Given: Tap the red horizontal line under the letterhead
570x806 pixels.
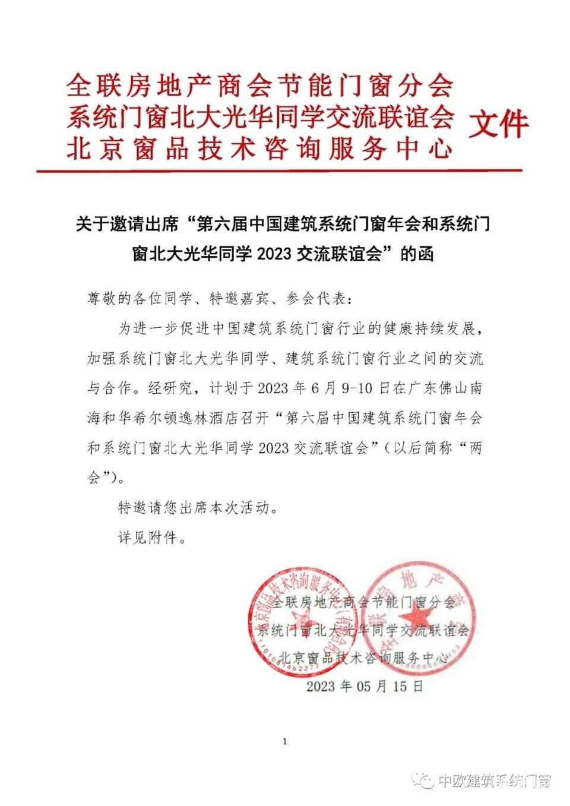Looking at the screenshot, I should pyautogui.click(x=279, y=171).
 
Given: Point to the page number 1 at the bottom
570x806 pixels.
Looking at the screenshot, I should pyautogui.click(x=286, y=741).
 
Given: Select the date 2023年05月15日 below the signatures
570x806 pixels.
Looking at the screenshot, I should pyautogui.click(x=365, y=687).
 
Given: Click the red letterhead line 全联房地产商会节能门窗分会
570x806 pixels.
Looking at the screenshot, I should pyautogui.click(x=259, y=87).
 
